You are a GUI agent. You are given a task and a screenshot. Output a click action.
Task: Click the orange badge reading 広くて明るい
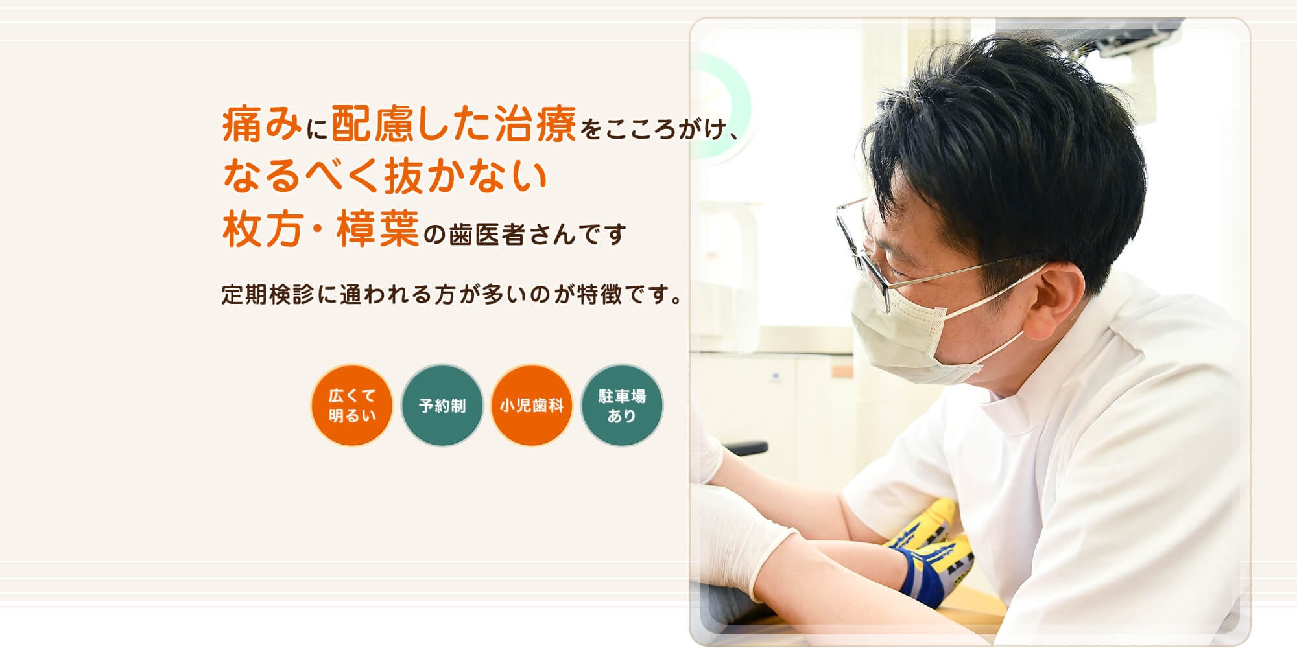(351, 405)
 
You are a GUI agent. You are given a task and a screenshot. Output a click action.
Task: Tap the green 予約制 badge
(442, 405)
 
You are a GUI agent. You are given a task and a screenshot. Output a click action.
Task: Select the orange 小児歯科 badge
(532, 405)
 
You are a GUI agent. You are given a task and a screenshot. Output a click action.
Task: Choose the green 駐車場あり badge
(622, 405)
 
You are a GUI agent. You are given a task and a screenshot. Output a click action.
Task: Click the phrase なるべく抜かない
(385, 176)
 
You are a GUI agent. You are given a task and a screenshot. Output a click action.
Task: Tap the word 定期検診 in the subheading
(268, 294)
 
